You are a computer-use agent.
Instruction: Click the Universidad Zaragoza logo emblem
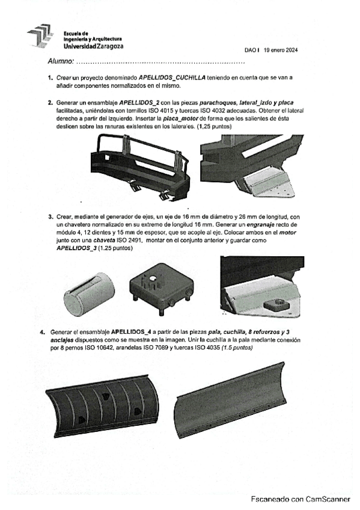click(x=40, y=35)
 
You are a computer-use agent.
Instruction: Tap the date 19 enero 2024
click(x=281, y=50)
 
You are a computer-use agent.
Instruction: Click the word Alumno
click(x=61, y=61)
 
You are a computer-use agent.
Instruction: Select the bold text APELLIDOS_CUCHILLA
click(x=172, y=78)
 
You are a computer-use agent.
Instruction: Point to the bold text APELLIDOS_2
click(x=139, y=103)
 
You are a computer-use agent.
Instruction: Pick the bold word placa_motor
click(x=180, y=118)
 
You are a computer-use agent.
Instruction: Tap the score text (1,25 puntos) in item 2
click(x=214, y=126)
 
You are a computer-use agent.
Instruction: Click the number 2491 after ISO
click(x=138, y=241)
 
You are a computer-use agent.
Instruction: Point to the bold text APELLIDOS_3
click(x=77, y=248)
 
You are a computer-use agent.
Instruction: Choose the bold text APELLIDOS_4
click(x=131, y=332)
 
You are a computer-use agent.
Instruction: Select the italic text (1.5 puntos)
click(x=237, y=348)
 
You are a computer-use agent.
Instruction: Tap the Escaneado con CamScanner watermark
click(x=301, y=499)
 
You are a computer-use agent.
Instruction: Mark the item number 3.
click(x=50, y=217)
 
